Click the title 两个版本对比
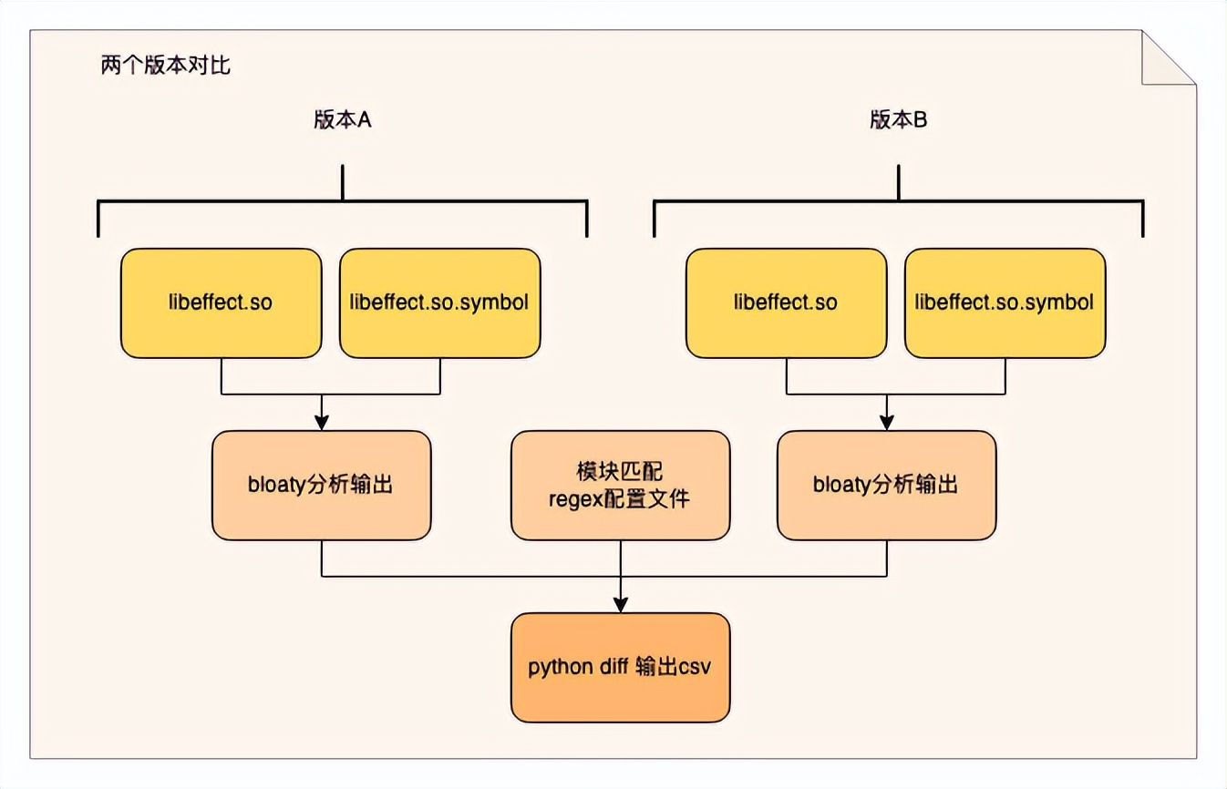coord(165,67)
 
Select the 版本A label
coord(342,121)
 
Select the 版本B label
coord(898,121)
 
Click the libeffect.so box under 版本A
coord(222,302)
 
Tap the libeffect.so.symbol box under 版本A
coord(439,302)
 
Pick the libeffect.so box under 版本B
coord(786,302)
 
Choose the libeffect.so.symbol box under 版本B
coord(1005,302)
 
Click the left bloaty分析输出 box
coord(321,485)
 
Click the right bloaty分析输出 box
coord(886,485)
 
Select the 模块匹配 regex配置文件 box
coord(620,485)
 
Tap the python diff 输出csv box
coord(620,667)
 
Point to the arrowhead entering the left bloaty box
coord(321,423)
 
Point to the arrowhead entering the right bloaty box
coord(886,423)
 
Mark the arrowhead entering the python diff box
coord(620,604)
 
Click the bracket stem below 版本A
coord(342,182)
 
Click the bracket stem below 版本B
coord(898,182)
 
